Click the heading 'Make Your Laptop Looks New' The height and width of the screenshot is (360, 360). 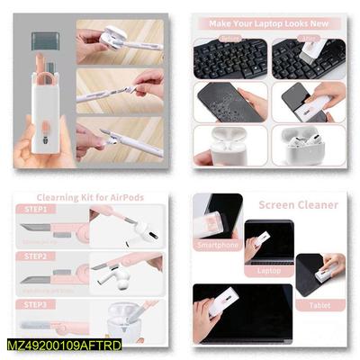click(268, 22)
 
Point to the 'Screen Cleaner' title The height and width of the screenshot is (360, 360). click(299, 204)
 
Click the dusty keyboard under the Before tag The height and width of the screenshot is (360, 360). click(229, 58)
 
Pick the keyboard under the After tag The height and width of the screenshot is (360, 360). click(307, 58)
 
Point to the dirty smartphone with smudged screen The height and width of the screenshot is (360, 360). click(229, 102)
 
